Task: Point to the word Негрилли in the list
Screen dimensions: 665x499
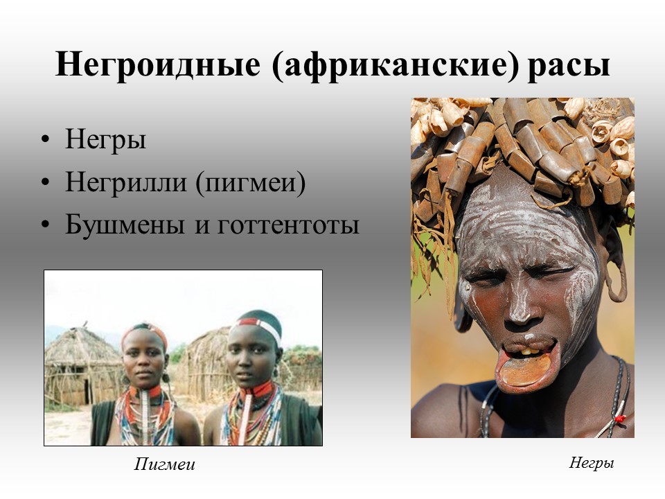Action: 126,182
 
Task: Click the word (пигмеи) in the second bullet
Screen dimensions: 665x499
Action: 251,183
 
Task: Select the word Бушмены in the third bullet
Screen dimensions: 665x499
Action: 125,224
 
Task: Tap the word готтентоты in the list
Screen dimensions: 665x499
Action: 288,226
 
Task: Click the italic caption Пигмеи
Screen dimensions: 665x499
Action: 165,464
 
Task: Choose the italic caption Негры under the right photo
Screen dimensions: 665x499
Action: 591,462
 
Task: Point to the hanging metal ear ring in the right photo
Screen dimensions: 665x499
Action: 617,280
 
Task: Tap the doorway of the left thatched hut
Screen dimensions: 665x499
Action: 87,391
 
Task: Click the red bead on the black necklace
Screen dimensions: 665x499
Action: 619,419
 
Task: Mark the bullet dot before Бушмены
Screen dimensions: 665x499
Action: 46,225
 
